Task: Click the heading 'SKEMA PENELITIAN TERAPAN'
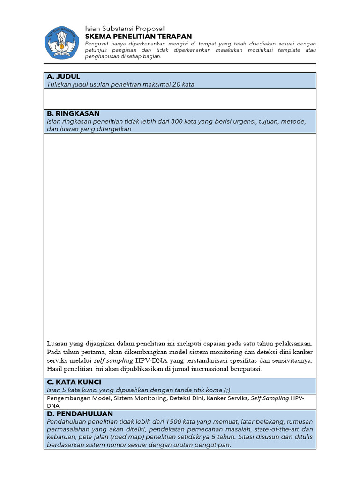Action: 138,37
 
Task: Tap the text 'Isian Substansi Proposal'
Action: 125,29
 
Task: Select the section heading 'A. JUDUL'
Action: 63,76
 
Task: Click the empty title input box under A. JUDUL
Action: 180,99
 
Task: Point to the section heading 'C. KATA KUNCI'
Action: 74,382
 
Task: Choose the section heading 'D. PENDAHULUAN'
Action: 79,414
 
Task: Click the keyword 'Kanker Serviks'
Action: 228,398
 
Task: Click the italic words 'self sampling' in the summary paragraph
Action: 113,360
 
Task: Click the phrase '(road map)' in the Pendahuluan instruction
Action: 118,437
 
